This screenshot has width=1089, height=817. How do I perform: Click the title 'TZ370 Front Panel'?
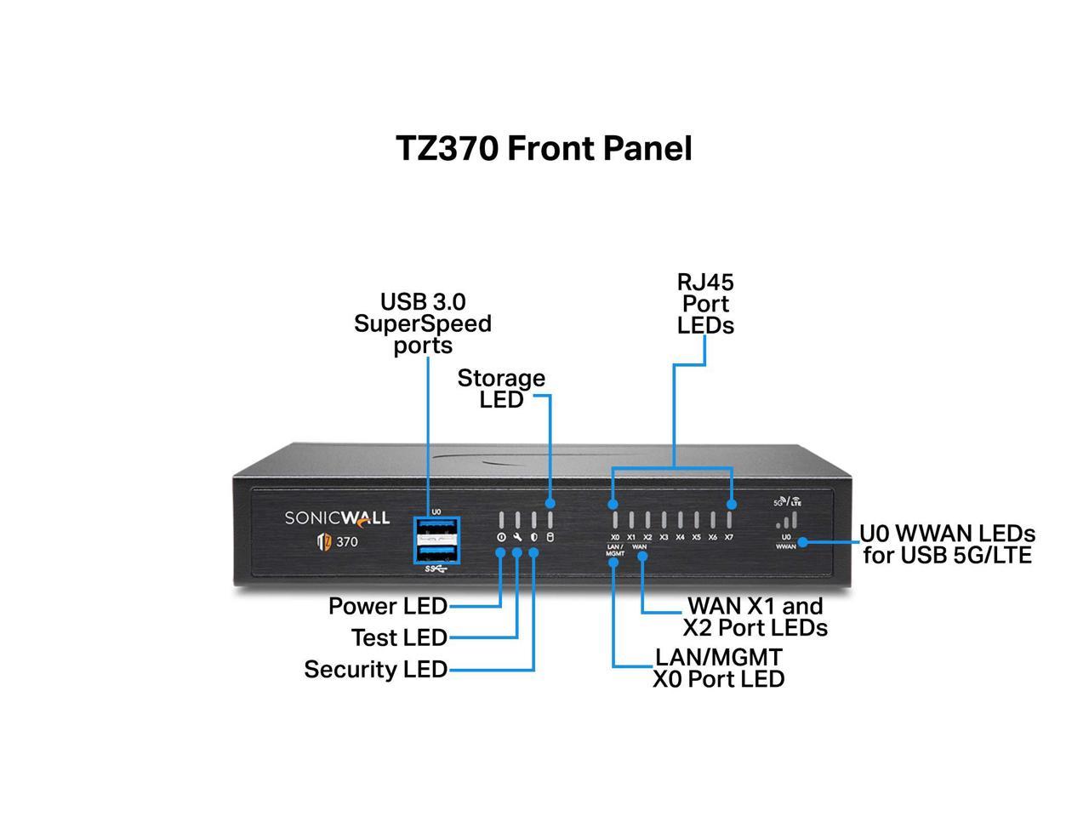coord(544,148)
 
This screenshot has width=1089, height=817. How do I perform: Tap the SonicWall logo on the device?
coord(337,518)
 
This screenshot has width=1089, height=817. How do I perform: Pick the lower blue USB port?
coord(436,552)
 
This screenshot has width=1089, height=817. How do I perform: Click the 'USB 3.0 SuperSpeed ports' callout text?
coord(423,323)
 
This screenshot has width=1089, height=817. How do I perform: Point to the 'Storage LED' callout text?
coord(501,388)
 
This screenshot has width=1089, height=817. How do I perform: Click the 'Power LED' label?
coord(388,606)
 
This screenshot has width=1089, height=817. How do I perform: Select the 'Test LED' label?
coord(399,637)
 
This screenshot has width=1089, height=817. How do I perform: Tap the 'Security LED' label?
coord(375,670)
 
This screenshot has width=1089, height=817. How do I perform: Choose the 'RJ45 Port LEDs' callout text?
coord(705,304)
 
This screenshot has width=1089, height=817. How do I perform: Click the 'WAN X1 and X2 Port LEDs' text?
coord(755,617)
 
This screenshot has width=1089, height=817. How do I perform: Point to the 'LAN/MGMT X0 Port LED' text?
coord(718,668)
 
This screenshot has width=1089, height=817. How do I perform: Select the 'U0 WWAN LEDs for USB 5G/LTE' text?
coord(947,545)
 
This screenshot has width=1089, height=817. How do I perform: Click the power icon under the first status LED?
coord(501,538)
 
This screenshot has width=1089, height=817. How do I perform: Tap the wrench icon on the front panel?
coord(517,538)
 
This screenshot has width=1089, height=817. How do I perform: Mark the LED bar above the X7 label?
coord(729,519)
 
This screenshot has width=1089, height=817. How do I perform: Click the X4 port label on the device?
coord(680,537)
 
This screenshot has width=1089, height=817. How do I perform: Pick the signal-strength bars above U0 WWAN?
coord(790,520)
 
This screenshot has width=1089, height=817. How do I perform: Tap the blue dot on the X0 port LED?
coord(614,505)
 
